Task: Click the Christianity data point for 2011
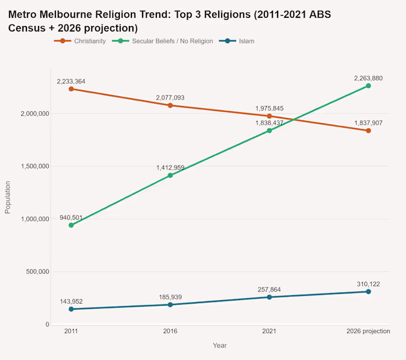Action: tap(71, 89)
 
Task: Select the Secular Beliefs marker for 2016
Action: tap(170, 176)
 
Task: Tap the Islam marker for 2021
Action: tap(269, 297)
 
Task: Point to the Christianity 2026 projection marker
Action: tap(368, 130)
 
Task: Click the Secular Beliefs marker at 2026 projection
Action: tap(368, 86)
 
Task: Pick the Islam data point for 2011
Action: tap(71, 309)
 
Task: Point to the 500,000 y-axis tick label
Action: tap(37, 272)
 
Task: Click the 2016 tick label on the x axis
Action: tap(170, 331)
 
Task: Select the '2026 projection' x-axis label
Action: tap(368, 331)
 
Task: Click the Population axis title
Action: tap(8, 197)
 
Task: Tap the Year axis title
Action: tap(220, 345)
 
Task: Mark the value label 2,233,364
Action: tap(71, 81)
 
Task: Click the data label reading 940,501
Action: tap(71, 218)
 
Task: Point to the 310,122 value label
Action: tap(368, 284)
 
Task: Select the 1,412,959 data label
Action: tap(170, 168)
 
